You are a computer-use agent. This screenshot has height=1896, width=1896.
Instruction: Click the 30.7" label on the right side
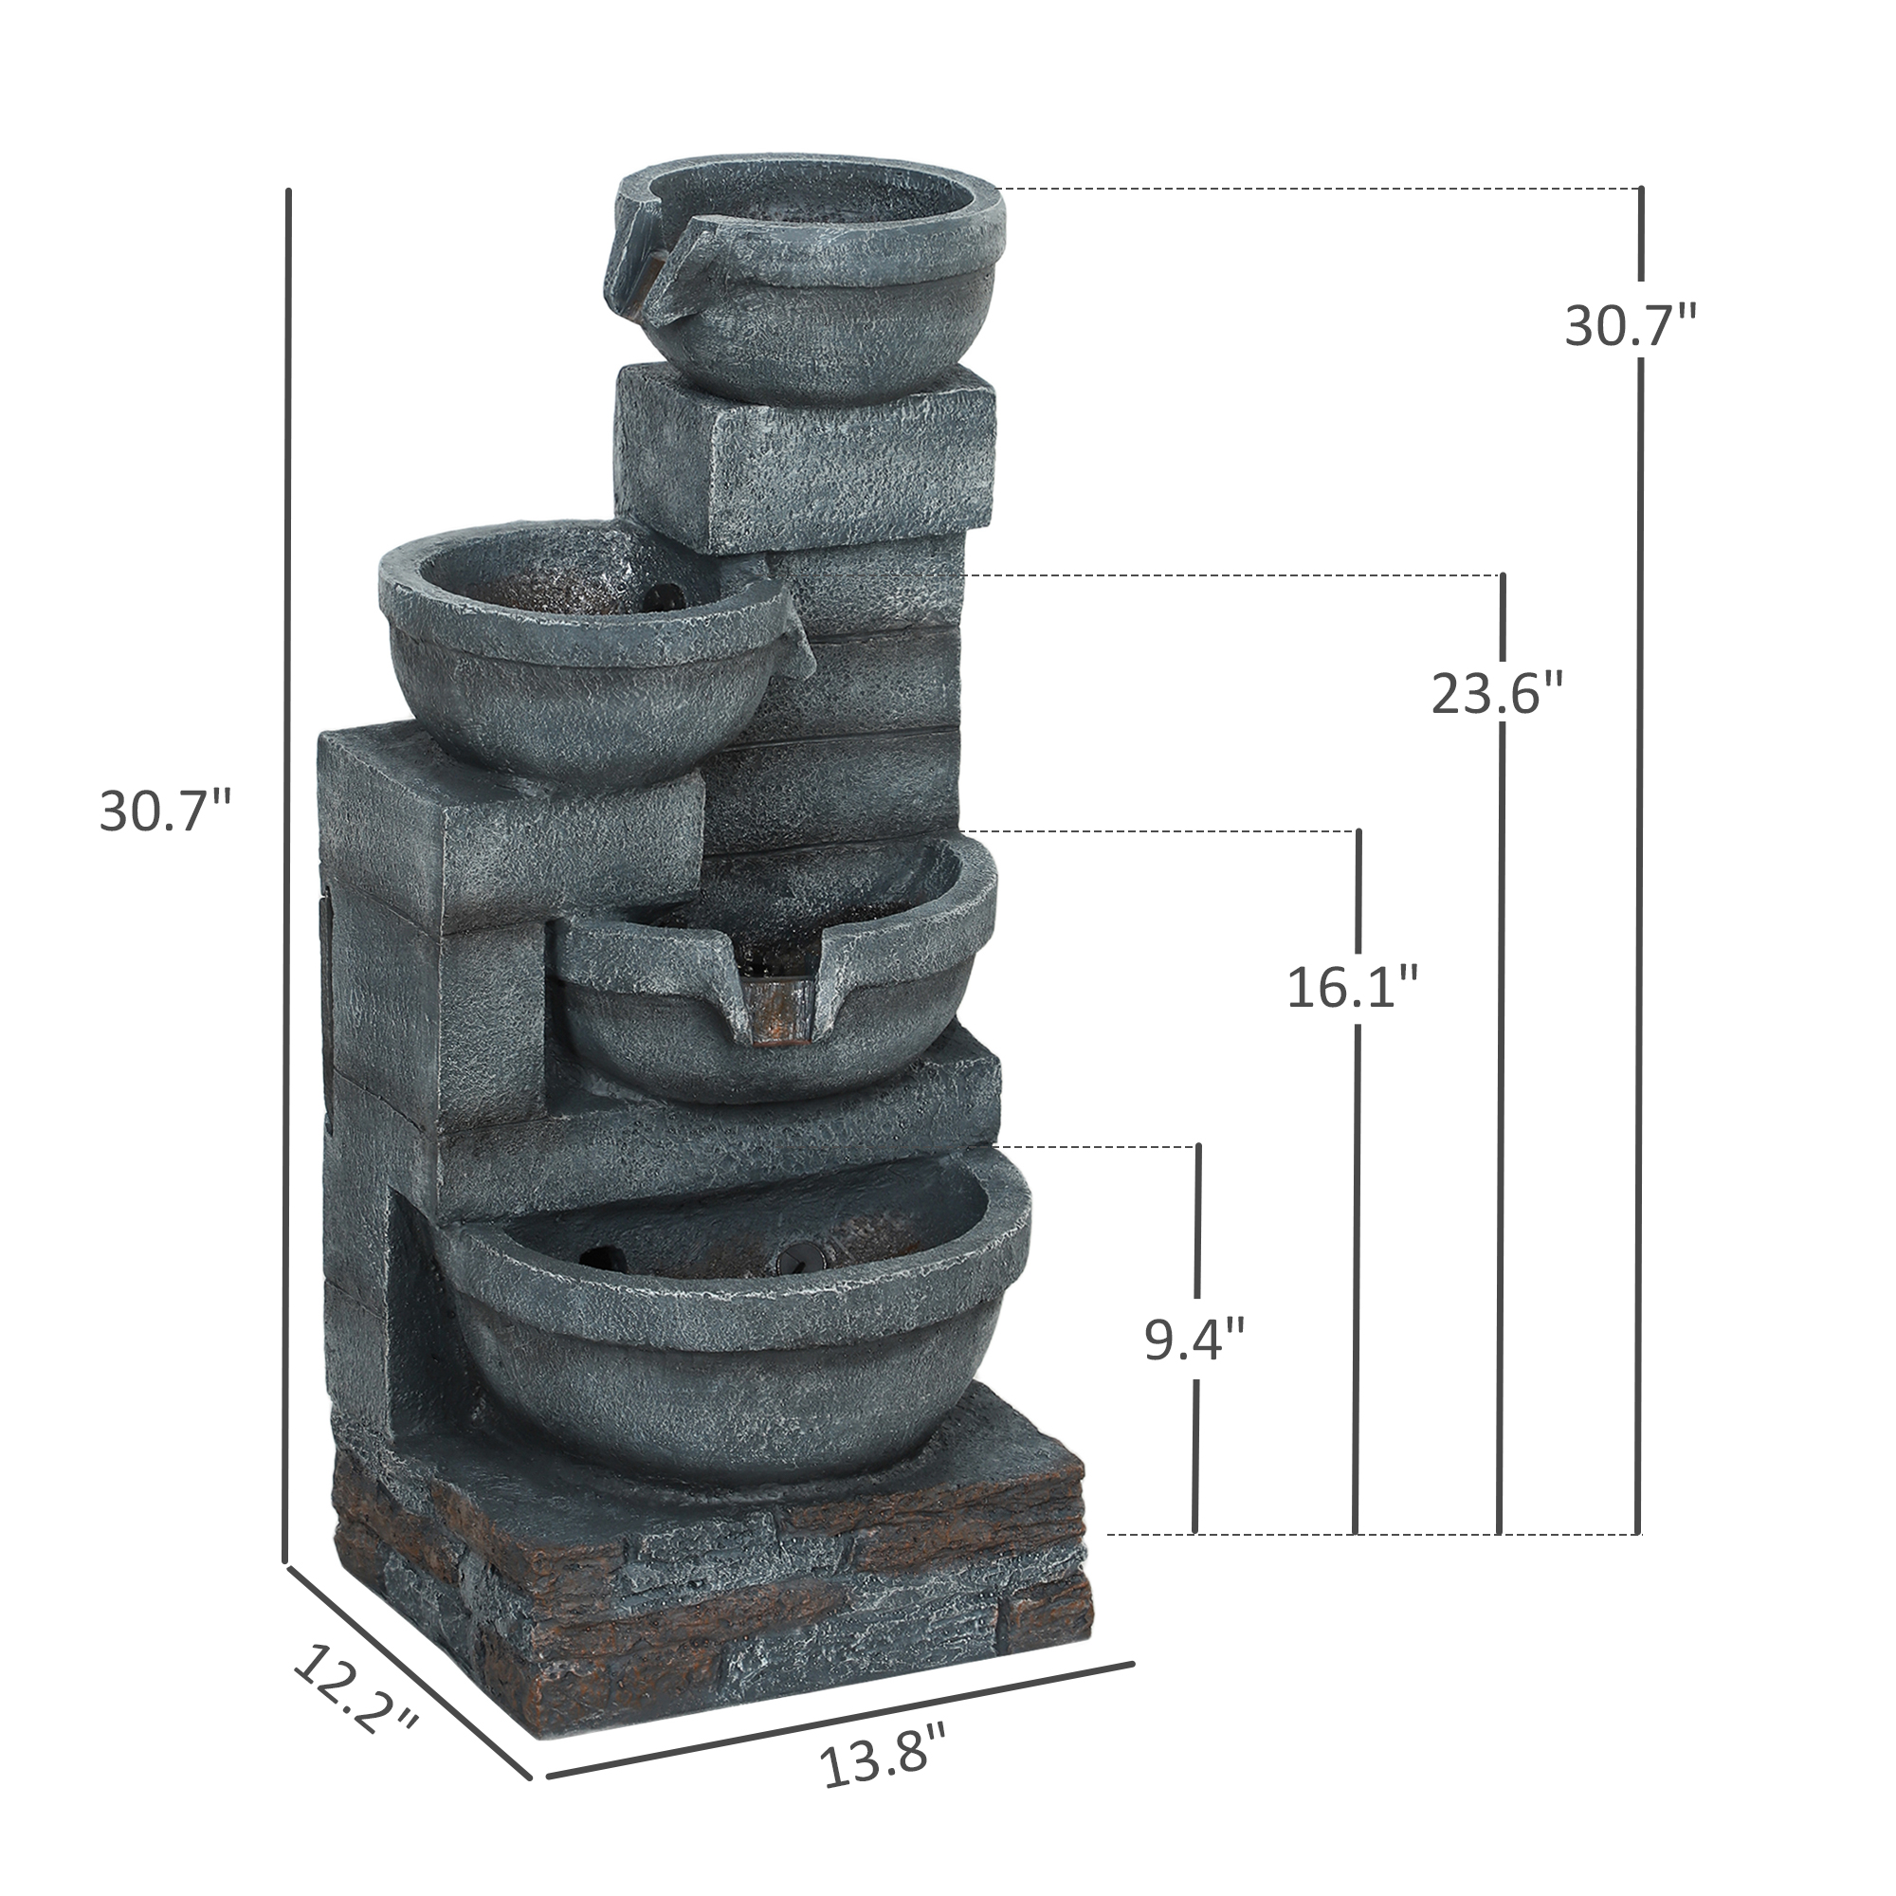pos(1630,327)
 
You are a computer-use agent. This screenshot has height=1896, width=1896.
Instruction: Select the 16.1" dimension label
pos(1354,988)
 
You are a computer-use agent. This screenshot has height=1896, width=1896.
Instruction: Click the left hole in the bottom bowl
pos(603,1257)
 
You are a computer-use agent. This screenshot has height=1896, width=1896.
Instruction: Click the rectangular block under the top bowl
pos(805,456)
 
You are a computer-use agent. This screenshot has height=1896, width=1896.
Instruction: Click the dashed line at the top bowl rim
pos(1315,189)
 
